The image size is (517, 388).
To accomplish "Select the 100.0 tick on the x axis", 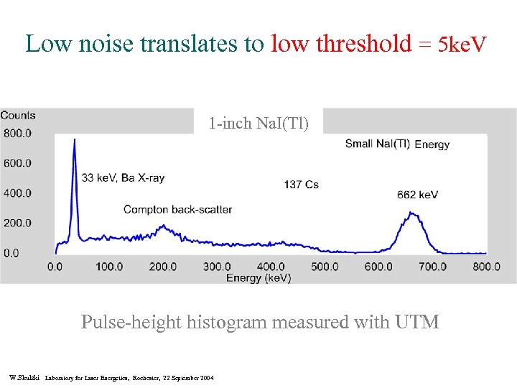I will (x=109, y=267).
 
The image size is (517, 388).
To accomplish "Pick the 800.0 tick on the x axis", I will (x=487, y=267).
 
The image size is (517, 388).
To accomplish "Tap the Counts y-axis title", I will (x=18, y=116).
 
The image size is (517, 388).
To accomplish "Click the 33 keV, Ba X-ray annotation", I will (x=123, y=177).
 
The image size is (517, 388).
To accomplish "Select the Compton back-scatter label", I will (x=177, y=210).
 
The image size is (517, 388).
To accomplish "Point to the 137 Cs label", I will (x=301, y=185).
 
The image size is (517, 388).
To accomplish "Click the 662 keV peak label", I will (x=417, y=195).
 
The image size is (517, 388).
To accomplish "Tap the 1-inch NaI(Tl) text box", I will (x=258, y=124).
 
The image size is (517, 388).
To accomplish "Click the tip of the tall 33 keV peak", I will (x=74, y=140).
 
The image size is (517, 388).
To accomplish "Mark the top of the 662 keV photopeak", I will (x=411, y=213).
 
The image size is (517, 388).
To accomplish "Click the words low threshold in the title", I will (x=342, y=44).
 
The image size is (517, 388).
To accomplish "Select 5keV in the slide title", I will (x=462, y=45).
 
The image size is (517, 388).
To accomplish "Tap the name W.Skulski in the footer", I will (x=25, y=377).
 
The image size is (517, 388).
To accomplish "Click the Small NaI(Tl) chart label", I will (x=378, y=144).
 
